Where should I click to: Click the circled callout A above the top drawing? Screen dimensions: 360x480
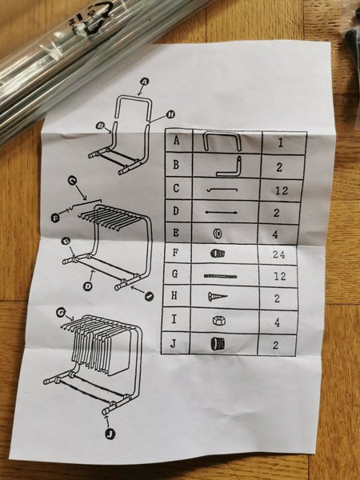[145, 82]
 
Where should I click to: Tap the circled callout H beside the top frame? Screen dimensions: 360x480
[171, 114]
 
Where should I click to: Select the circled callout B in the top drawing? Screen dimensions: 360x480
[99, 126]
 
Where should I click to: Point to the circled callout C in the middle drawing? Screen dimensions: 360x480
[72, 181]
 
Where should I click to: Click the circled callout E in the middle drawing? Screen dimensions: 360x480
[66, 242]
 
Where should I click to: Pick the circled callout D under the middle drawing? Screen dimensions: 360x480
[87, 286]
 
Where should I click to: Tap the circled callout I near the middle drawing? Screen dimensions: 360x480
[149, 296]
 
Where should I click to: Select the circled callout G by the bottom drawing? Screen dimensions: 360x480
[61, 312]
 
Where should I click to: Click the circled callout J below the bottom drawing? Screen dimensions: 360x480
[110, 434]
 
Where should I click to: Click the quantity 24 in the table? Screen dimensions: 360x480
[278, 254]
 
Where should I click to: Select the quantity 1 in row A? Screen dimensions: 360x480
[281, 143]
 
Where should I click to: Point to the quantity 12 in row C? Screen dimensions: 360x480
[282, 190]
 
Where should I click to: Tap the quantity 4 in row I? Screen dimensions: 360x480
[277, 322]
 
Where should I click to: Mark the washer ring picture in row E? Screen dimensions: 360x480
[218, 234]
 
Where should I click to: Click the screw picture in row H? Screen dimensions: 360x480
[218, 296]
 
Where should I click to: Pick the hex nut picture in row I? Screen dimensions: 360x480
[219, 321]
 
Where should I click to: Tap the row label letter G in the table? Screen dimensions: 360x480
[174, 274]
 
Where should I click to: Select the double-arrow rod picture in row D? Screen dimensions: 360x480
[222, 212]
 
